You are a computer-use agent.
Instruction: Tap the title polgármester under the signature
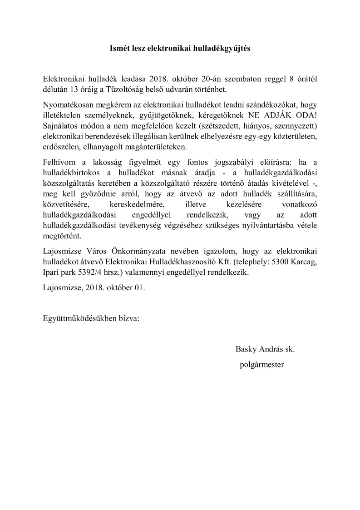262,364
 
